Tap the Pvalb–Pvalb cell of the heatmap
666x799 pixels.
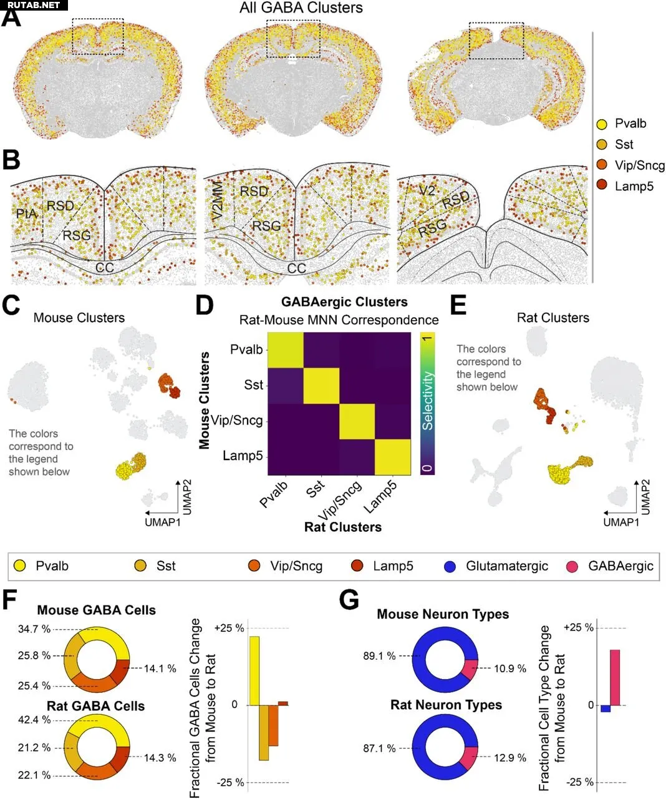click(x=286, y=350)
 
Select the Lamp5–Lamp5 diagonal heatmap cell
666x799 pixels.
click(x=392, y=457)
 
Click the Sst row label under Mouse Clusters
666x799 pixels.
click(x=253, y=385)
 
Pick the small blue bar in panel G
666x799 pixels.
click(x=605, y=708)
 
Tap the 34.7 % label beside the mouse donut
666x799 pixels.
click(x=34, y=629)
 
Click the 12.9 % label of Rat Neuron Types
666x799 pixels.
click(x=510, y=758)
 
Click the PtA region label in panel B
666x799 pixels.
click(x=26, y=213)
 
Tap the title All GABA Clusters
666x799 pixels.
click(x=301, y=8)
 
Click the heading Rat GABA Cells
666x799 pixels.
click(x=95, y=706)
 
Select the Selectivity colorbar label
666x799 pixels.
click(x=427, y=401)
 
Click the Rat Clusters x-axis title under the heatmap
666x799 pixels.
click(x=342, y=527)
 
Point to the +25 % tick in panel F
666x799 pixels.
click(x=229, y=628)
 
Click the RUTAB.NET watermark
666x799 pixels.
click(x=34, y=5)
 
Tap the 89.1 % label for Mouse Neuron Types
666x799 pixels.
click(x=379, y=656)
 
